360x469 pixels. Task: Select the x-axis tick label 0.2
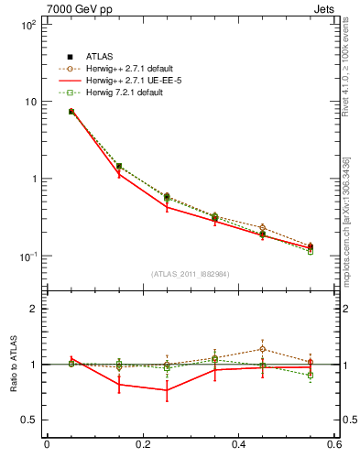coord(142,444)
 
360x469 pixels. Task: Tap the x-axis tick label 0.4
coord(238,444)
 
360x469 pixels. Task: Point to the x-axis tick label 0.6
coord(334,444)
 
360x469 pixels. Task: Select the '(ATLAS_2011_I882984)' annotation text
coord(190,274)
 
